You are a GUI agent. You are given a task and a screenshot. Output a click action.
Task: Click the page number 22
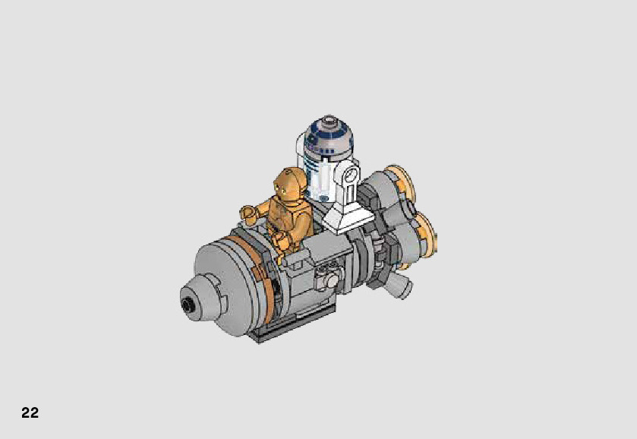coord(30,412)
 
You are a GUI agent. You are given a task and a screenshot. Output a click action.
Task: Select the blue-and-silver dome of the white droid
coord(329,135)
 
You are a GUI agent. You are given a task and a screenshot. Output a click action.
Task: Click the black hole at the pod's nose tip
coord(188,303)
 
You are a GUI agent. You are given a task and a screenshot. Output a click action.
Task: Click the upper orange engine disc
coord(402,183)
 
